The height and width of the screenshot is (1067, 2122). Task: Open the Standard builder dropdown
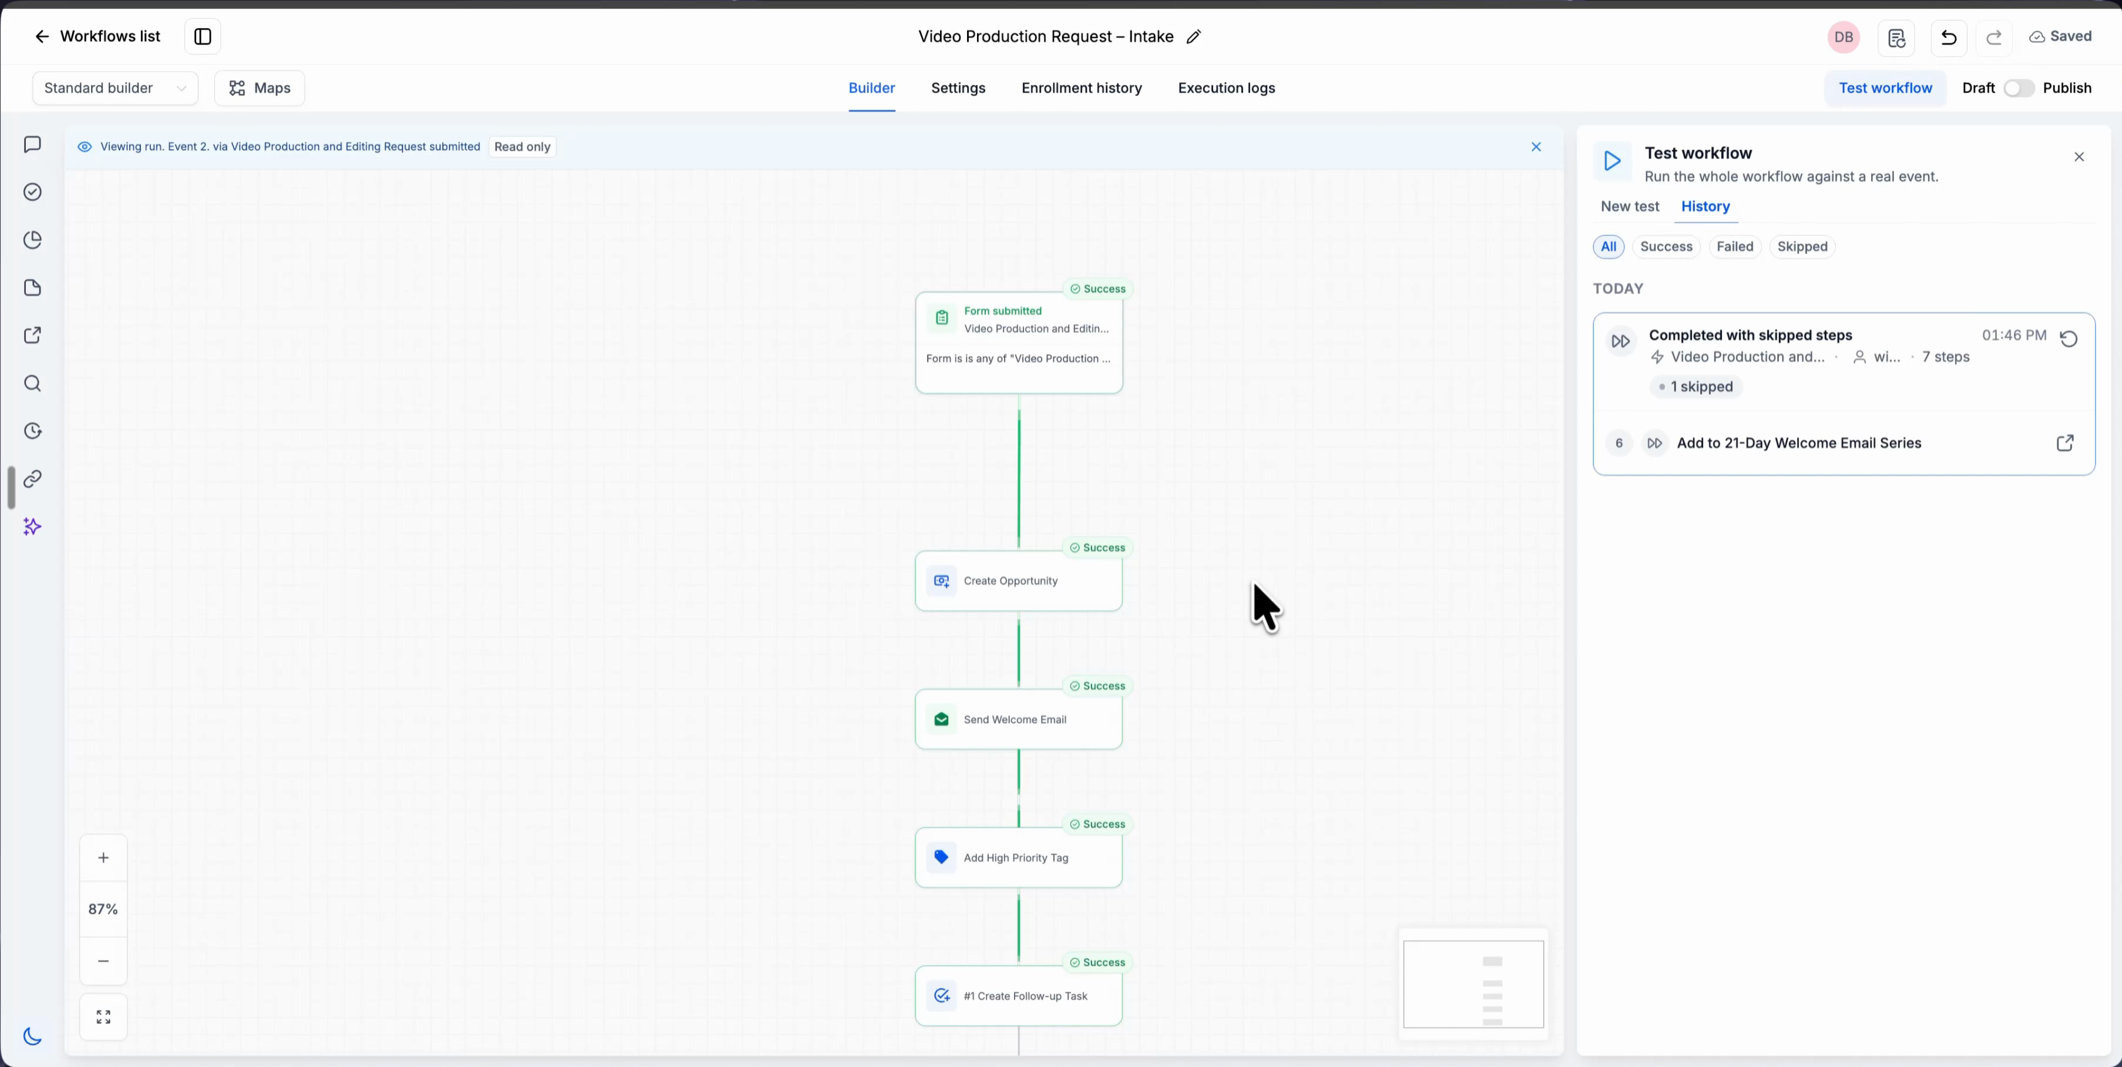tap(115, 88)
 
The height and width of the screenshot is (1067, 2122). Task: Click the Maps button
tap(260, 88)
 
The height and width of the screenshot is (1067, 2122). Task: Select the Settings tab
tap(958, 88)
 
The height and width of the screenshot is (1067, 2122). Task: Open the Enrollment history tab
tap(1082, 88)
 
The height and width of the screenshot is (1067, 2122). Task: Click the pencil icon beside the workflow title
tap(1194, 36)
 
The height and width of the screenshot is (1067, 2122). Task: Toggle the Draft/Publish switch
tap(2019, 88)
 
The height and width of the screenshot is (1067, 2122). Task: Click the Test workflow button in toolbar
tap(1886, 88)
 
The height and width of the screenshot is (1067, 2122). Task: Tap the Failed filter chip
tap(1735, 246)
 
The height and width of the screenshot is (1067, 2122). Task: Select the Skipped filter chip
tap(1802, 246)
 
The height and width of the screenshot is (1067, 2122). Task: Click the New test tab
tap(1630, 206)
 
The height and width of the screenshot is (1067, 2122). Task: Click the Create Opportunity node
tap(1019, 581)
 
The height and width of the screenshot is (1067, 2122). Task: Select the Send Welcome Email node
tap(1019, 719)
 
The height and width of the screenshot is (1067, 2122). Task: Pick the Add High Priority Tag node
tap(1019, 858)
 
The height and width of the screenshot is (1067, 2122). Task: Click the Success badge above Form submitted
tap(1098, 289)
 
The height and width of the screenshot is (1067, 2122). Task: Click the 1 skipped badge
tap(1696, 387)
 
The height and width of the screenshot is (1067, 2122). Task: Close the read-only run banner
tap(1536, 147)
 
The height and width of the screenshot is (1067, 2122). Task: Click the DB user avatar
tap(1844, 37)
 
